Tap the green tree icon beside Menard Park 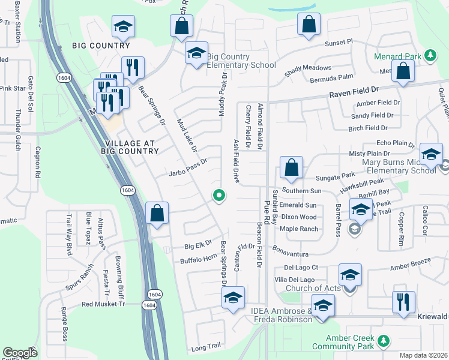[x=430, y=56]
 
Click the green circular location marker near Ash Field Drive [x=220, y=194]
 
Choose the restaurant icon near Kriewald [x=402, y=301]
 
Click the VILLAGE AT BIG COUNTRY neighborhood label [x=130, y=147]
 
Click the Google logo [x=20, y=353]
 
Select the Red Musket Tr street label [x=103, y=304]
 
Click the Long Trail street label [x=206, y=347]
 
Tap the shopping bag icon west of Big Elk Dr [x=157, y=213]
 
